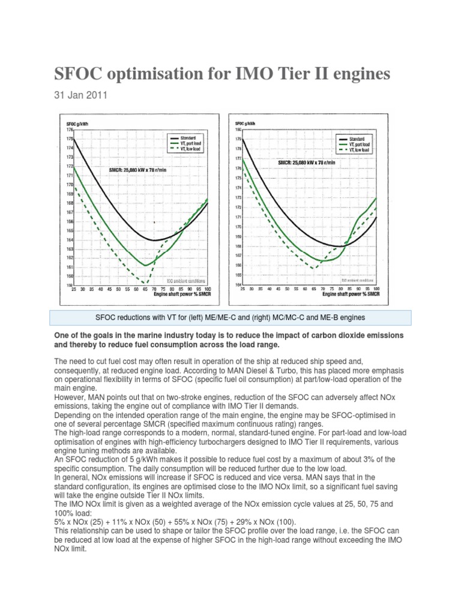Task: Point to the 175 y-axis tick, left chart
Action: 68,139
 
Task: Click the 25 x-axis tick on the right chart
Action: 243,289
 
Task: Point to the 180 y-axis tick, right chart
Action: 238,130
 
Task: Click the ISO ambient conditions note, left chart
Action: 186,280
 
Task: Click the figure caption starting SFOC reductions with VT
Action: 230,317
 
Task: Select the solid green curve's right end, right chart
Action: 376,198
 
